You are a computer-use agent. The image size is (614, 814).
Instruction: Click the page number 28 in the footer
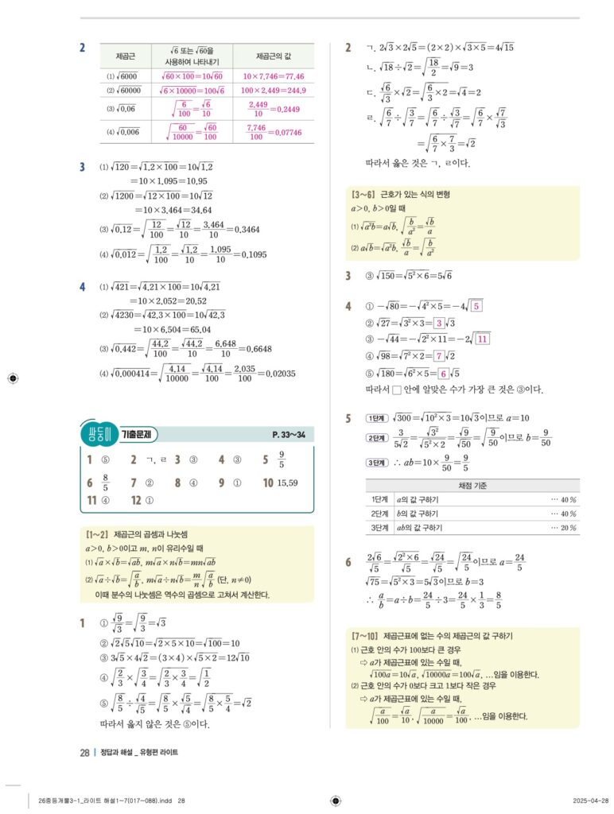point(84,752)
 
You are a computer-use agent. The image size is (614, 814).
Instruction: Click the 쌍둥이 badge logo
point(98,434)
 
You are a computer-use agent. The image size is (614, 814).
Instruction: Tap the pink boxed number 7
point(437,355)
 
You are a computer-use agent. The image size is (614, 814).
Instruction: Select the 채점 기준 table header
point(472,485)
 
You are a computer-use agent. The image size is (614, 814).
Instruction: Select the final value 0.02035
point(278,374)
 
